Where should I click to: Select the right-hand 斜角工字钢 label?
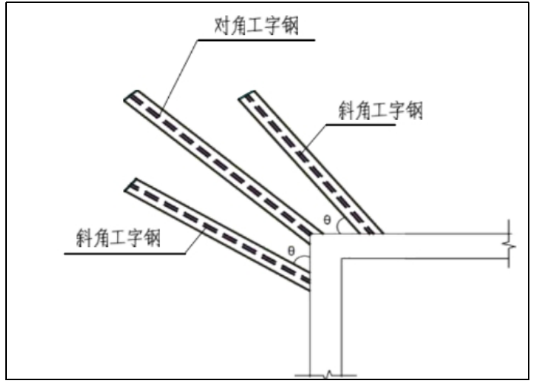tap(380, 111)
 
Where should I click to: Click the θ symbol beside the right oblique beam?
tap(327, 220)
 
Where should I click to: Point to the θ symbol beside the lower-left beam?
tap(291, 250)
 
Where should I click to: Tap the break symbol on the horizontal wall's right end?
tap(509, 246)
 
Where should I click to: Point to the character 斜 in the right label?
tap(347, 111)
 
